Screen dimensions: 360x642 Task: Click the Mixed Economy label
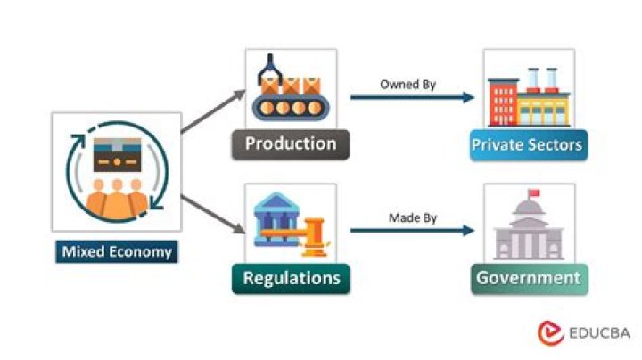[x=116, y=252]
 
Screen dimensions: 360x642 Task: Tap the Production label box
[x=291, y=144]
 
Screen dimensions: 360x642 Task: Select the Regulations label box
[x=291, y=278]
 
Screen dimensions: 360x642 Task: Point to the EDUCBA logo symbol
[x=550, y=332]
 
